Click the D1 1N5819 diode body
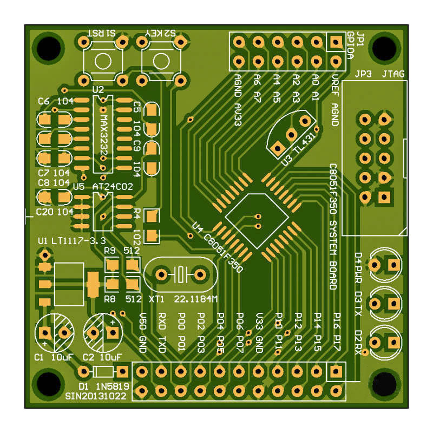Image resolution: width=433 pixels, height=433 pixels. [x=103, y=371]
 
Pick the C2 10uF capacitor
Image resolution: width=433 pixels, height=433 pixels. [x=103, y=331]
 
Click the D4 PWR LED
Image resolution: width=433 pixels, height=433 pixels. [x=385, y=264]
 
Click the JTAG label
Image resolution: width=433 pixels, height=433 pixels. [x=393, y=74]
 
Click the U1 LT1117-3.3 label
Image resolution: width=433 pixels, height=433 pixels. [x=72, y=240]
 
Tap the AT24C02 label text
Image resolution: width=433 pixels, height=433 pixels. [x=113, y=186]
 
